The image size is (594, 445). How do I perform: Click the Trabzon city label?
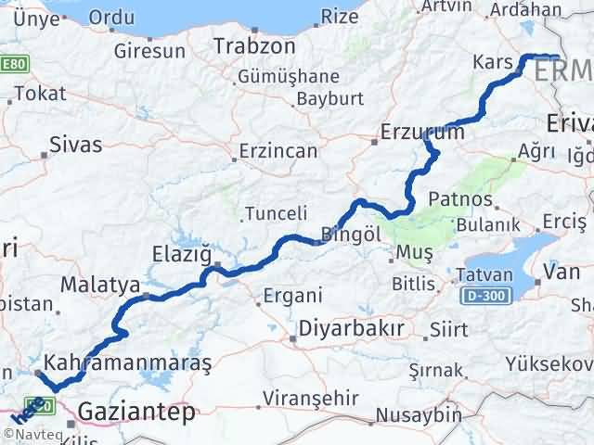254,45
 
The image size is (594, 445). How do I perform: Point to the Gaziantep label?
138,411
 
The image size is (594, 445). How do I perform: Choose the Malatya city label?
99,284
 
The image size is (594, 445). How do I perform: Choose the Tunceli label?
276,214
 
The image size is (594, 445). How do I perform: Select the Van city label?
561,273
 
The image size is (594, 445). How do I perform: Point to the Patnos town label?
459,200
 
